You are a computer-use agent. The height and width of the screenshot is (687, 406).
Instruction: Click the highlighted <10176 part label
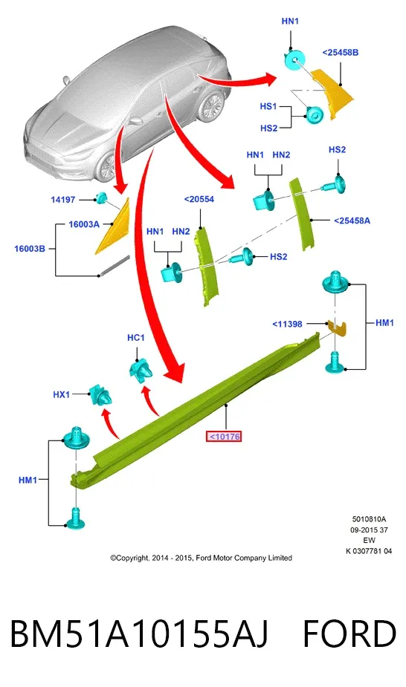[x=224, y=437]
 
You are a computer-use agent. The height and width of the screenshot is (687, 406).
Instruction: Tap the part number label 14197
[x=62, y=200]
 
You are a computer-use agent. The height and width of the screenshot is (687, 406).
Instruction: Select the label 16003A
[x=84, y=224]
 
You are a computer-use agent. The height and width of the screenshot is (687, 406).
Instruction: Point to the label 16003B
[x=30, y=249]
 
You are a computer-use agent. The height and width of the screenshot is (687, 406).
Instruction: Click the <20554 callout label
[x=199, y=199]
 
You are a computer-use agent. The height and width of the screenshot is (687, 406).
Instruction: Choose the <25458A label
[x=352, y=221]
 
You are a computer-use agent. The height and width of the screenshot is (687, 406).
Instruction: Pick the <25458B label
[x=341, y=53]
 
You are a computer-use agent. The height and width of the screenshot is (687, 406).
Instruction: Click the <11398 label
[x=287, y=325]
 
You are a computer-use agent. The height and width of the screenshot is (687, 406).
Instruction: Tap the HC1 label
[x=135, y=338]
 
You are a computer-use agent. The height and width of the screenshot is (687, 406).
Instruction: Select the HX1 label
[x=62, y=394]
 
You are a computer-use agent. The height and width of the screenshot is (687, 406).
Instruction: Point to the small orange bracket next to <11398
[x=337, y=328]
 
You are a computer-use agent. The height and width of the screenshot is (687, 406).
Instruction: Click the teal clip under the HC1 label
[x=141, y=370]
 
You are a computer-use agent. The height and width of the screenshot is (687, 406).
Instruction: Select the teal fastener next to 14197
[x=101, y=198]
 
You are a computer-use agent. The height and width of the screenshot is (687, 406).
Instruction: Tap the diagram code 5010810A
[x=369, y=519]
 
